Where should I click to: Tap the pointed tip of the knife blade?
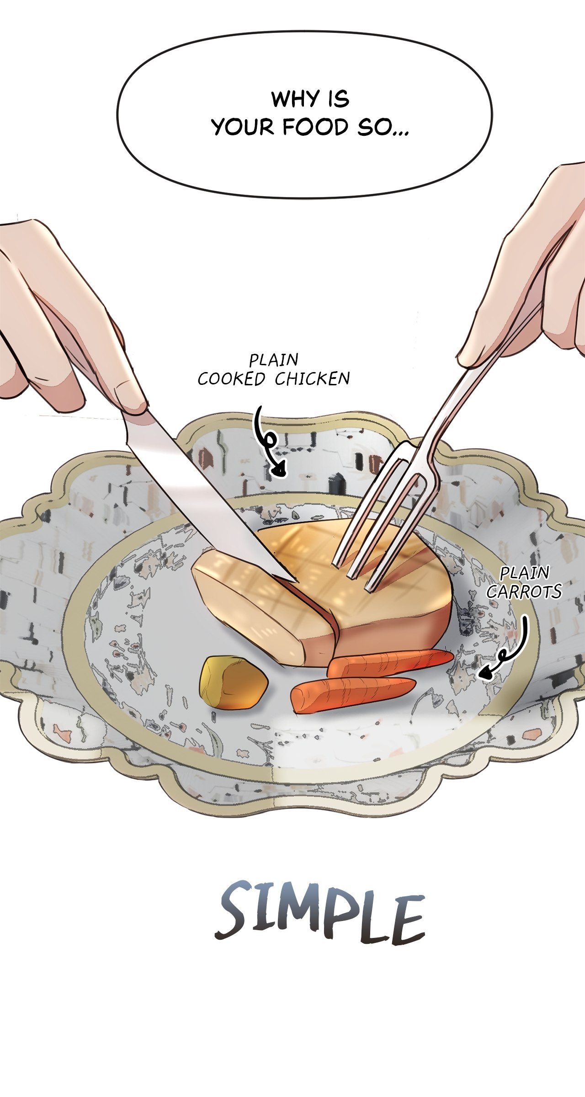[x=298, y=582]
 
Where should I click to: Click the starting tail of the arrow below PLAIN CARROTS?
[x=525, y=617]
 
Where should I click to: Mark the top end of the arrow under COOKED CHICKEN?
[x=259, y=407]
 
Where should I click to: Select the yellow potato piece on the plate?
[x=233, y=682]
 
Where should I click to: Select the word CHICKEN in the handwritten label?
[x=312, y=379]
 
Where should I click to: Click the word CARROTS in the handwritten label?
[x=524, y=592]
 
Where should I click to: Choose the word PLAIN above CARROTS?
[x=524, y=573]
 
